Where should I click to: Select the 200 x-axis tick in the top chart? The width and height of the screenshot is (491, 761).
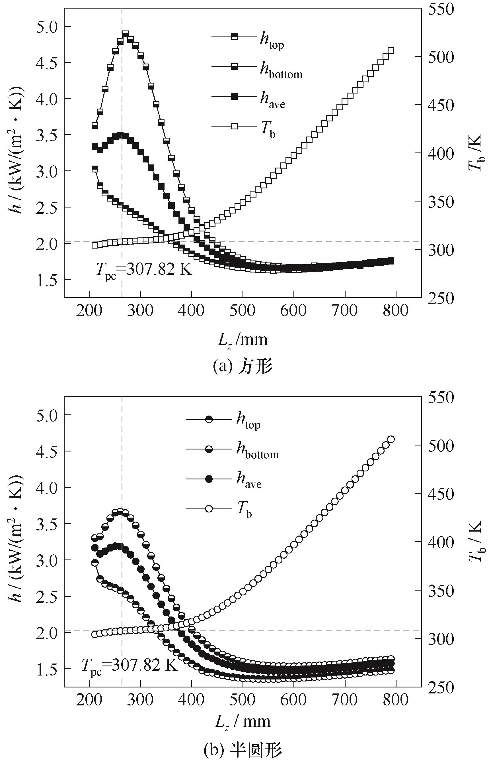pos(90,311)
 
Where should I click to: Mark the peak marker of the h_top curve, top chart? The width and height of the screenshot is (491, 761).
pos(125,34)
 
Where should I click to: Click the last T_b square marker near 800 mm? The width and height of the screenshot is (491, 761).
pos(391,51)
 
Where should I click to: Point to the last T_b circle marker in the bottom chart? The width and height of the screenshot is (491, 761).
pos(391,439)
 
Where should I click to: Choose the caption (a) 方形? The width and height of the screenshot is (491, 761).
pos(243,367)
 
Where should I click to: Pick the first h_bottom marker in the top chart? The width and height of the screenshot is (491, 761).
pos(95,169)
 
